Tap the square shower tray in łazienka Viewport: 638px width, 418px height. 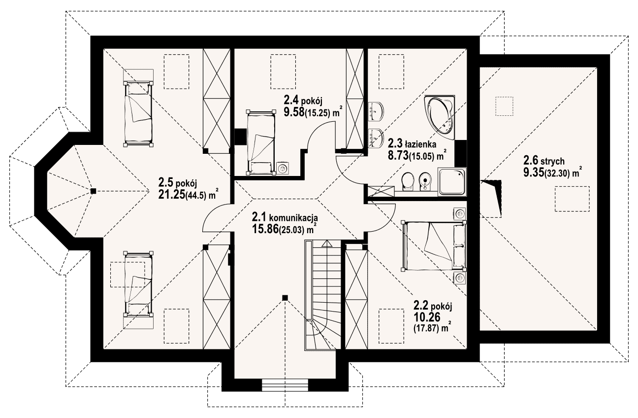tap(452, 181)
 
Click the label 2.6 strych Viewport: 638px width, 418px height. tap(543, 161)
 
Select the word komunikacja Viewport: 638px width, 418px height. tap(293, 218)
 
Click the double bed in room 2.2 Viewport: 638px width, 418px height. tap(434, 245)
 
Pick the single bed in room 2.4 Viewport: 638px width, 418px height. tap(261, 142)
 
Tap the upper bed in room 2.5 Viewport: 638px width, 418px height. tap(138, 113)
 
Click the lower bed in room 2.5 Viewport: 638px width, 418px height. tap(138, 284)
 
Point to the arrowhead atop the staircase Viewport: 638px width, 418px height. tap(327, 243)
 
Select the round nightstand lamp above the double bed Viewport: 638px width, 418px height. tap(459, 213)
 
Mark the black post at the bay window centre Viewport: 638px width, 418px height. tap(93, 191)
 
